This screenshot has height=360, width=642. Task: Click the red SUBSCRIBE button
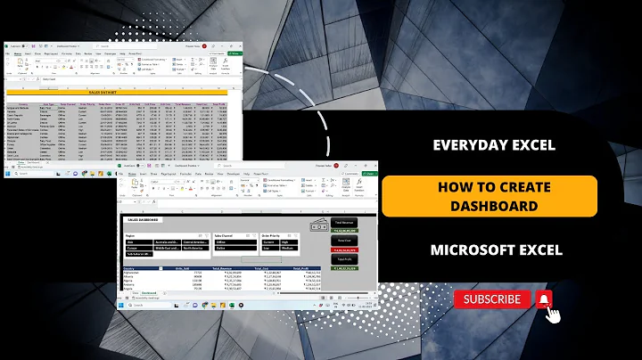(492, 299)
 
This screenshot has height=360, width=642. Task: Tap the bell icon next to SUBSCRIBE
(544, 299)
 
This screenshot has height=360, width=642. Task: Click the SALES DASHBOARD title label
(142, 218)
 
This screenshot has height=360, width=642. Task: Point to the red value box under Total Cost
(342, 250)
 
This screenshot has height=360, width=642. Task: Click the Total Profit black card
(342, 259)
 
